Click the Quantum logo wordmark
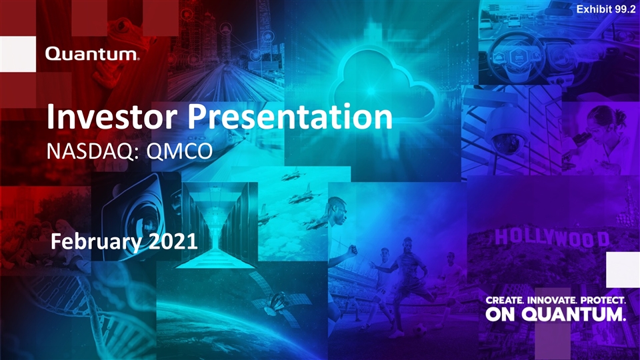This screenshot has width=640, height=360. point(92,54)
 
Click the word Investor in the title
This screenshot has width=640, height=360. point(112,117)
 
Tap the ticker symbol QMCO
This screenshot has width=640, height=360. point(179,151)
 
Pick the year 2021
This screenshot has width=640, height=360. point(173,241)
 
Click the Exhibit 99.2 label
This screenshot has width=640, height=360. point(606,9)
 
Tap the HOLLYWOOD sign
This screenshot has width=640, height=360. point(552,237)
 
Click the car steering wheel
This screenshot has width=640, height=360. point(513,57)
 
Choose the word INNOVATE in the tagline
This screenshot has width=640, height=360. point(553,301)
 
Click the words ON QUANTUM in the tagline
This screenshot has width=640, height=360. point(555,314)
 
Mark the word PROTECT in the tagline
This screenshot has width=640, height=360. point(603,301)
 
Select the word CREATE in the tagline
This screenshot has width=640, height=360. point(505,301)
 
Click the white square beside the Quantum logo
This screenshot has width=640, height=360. point(18,54)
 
